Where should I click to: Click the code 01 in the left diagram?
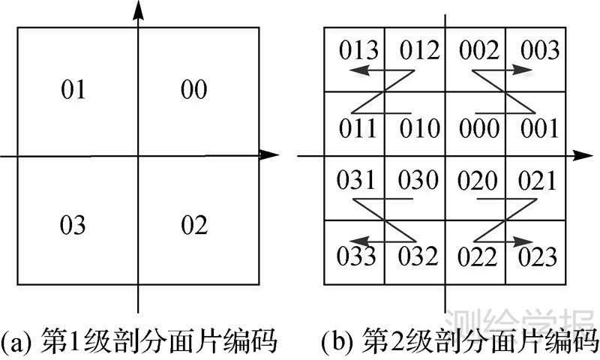[x=73, y=91]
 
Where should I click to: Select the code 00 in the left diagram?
[x=194, y=91]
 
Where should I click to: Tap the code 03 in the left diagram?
[x=73, y=225]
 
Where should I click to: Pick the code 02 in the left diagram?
[x=194, y=225]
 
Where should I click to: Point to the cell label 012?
[x=417, y=51]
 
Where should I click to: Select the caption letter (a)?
[x=16, y=343]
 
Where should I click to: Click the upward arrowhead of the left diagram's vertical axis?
[x=138, y=9]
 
